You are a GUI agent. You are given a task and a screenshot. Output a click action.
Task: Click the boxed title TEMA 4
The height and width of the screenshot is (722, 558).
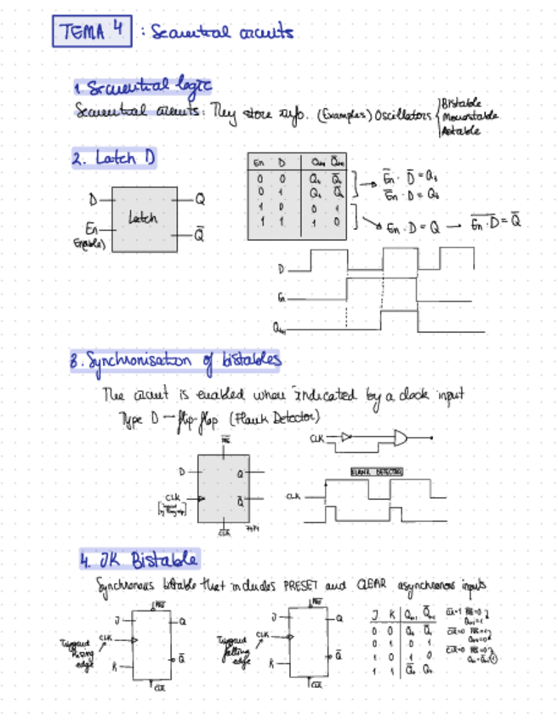click(92, 32)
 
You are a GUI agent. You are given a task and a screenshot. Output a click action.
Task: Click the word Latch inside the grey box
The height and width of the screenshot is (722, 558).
click(143, 218)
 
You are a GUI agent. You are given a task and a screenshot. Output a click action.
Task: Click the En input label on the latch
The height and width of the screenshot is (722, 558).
click(91, 228)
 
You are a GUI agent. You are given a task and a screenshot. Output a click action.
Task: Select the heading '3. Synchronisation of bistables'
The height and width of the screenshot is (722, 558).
click(177, 360)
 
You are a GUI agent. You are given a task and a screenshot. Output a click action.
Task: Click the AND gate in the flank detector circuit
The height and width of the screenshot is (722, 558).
click(398, 438)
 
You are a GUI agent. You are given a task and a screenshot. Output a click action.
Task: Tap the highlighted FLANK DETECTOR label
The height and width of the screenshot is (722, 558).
click(375, 471)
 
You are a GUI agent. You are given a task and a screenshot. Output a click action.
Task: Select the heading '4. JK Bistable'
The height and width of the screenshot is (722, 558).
click(138, 560)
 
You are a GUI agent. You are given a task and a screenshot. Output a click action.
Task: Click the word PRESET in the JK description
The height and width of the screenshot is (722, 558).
click(301, 587)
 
